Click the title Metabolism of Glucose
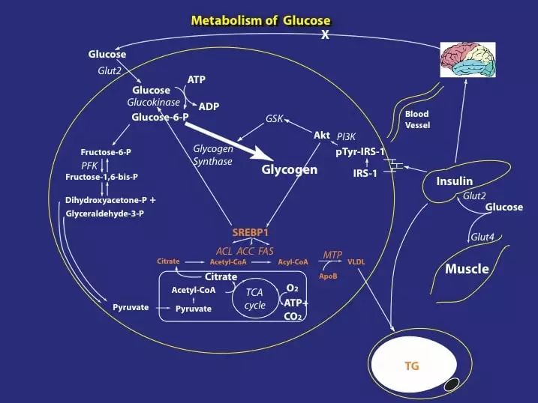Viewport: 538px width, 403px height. [261, 20]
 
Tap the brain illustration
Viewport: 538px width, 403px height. [468, 60]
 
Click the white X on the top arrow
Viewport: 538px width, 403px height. [325, 34]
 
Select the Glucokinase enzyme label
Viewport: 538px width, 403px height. [153, 102]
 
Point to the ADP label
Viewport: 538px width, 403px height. [209, 106]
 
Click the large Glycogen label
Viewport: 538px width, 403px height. [289, 169]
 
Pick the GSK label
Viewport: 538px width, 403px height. [274, 118]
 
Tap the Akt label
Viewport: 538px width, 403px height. [322, 136]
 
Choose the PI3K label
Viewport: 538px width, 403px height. [346, 136]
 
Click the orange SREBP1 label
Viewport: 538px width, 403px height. [251, 232]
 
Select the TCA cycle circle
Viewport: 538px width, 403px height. [255, 299]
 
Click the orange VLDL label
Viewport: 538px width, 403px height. [356, 262]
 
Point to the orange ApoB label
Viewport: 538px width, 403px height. [328, 276]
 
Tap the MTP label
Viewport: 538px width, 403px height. [332, 255]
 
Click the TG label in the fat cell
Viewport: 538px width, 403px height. [412, 366]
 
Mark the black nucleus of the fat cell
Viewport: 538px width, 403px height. [452, 384]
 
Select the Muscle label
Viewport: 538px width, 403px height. [467, 269]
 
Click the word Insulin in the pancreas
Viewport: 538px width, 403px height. [454, 181]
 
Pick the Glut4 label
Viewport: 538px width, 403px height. [482, 237]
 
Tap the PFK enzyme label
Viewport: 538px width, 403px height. [89, 166]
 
